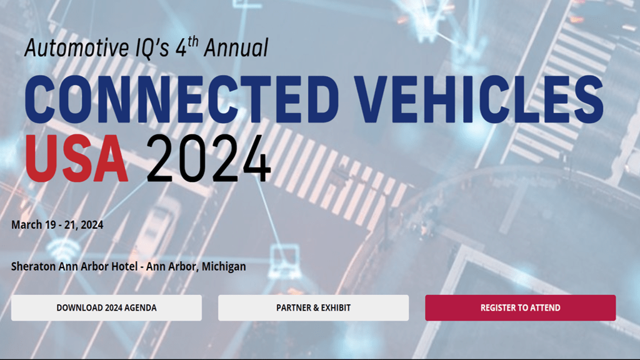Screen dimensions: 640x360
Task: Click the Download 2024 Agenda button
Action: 106,307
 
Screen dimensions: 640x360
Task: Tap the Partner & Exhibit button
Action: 314,307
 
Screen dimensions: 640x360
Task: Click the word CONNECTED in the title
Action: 182,99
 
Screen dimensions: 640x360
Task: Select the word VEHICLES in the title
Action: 478,99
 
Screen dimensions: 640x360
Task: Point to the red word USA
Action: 76,158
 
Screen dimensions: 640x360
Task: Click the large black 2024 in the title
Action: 209,158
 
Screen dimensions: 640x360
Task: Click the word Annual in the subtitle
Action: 236,47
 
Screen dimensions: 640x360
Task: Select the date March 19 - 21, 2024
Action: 57,225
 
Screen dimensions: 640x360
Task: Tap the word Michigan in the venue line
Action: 224,266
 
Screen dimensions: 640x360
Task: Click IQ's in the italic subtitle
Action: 152,47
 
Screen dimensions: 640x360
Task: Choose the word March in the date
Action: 26,225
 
